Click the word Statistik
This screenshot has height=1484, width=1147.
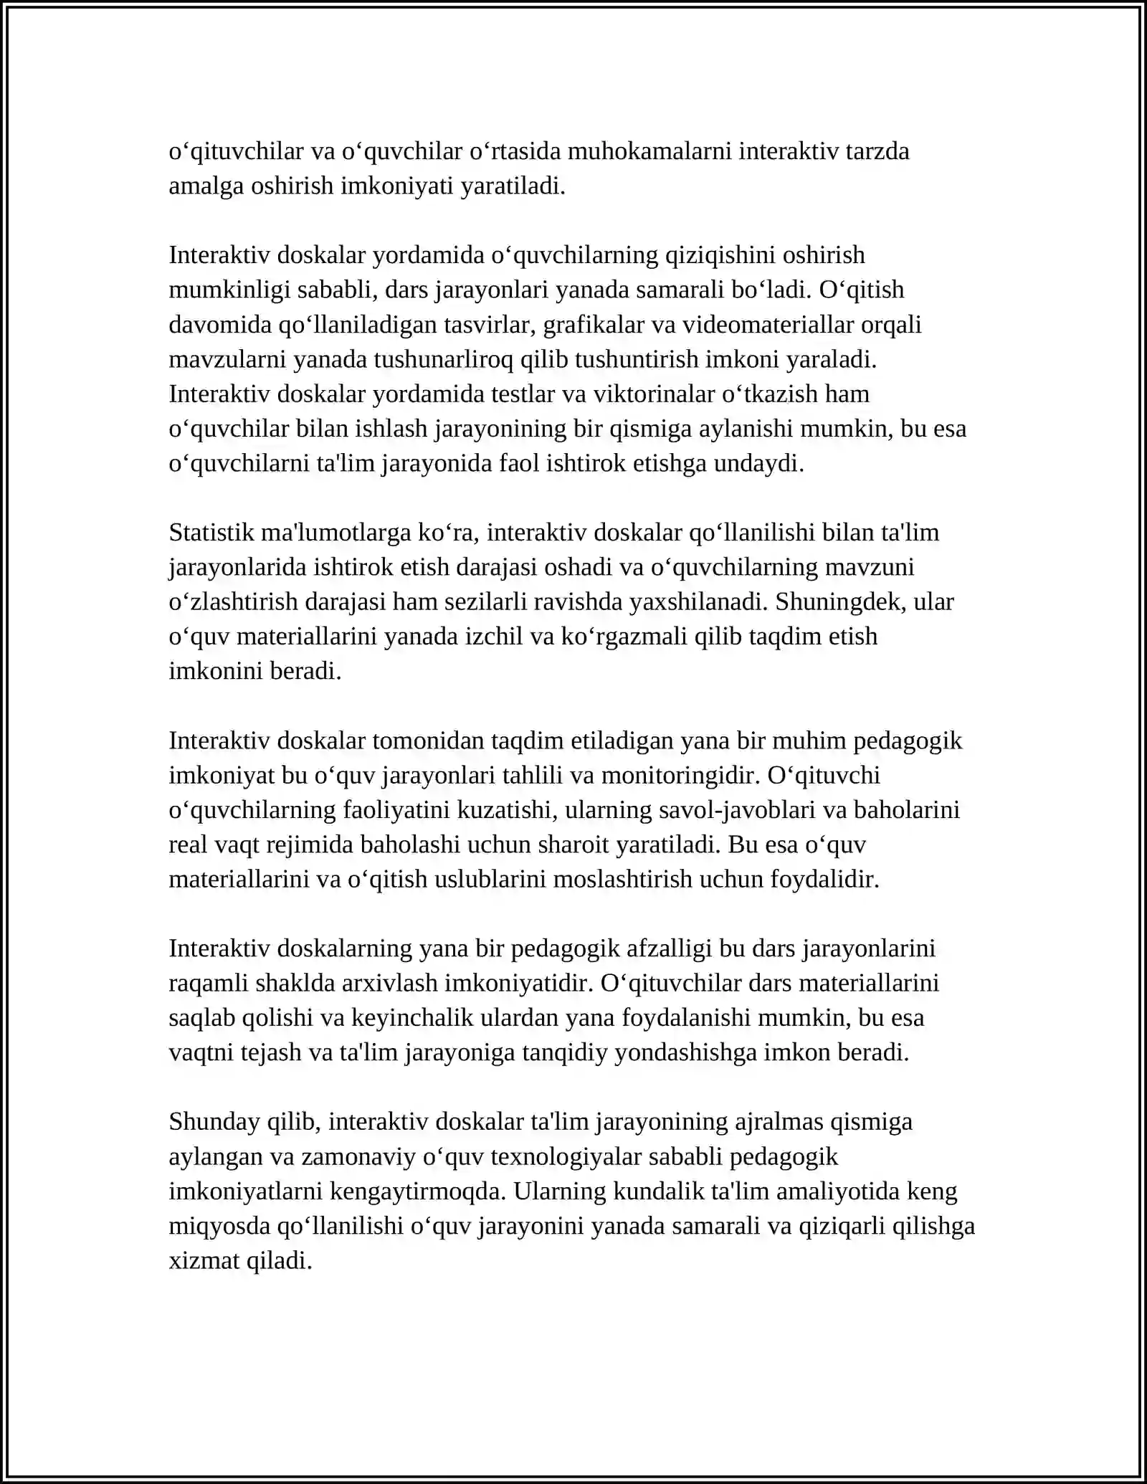tap(211, 533)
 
